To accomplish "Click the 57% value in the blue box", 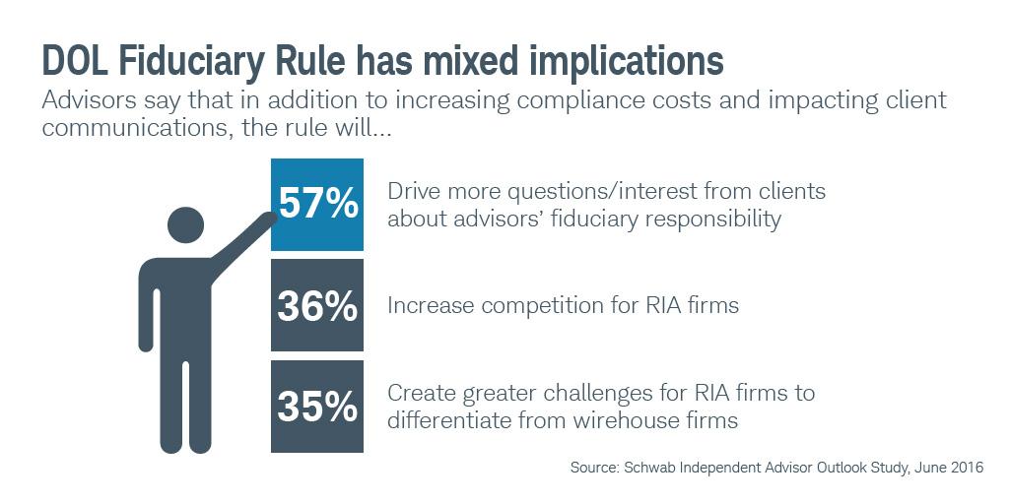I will [x=317, y=204].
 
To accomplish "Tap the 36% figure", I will [x=317, y=306].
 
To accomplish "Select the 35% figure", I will [x=317, y=407].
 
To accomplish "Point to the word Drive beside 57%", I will [x=414, y=190].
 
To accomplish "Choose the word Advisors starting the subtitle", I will [x=87, y=101].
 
